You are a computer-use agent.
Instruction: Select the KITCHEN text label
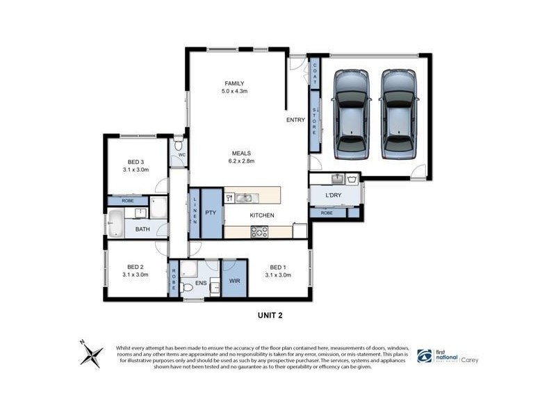pyautogui.click(x=262, y=215)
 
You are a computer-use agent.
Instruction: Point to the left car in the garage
pyautogui.click(x=352, y=115)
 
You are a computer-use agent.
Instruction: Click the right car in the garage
pyautogui.click(x=398, y=115)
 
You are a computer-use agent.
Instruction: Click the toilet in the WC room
pyautogui.click(x=179, y=145)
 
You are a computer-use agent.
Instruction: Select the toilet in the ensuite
pyautogui.click(x=186, y=288)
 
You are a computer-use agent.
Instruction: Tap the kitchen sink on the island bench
pyautogui.click(x=244, y=197)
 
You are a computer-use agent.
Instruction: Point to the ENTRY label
pyautogui.click(x=295, y=120)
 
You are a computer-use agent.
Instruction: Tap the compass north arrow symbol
pyautogui.click(x=90, y=354)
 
